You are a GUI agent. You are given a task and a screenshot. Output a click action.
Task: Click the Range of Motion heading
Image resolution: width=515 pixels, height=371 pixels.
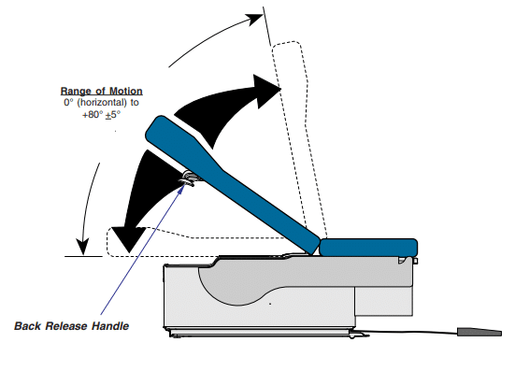click(102, 91)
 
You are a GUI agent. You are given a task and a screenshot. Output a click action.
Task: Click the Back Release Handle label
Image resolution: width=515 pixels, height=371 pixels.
click(72, 326)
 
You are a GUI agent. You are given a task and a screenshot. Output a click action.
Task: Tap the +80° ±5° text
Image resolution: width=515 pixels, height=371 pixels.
click(102, 115)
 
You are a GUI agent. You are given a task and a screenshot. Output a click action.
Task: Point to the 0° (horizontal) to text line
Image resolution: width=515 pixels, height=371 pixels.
click(102, 103)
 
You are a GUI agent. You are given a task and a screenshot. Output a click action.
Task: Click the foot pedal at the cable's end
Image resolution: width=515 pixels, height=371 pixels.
click(479, 332)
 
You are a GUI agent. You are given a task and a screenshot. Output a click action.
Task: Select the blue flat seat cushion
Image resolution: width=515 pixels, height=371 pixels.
click(368, 248)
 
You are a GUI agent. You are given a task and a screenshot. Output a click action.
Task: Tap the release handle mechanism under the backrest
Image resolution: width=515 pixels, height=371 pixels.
click(190, 178)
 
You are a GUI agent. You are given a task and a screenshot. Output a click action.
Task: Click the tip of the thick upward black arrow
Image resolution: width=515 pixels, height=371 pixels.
click(280, 89)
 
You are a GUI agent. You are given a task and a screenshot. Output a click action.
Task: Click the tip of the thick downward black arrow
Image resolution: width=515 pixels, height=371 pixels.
click(129, 252)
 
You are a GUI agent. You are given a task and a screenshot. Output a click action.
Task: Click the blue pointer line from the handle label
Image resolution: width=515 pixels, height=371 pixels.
click(142, 250)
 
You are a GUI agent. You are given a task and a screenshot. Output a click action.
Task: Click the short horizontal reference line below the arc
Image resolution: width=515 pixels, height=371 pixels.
click(83, 256)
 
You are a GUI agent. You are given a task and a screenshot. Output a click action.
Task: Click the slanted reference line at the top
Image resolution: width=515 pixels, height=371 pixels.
click(267, 26)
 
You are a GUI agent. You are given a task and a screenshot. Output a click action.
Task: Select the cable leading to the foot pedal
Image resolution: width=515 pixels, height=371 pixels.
click(410, 333)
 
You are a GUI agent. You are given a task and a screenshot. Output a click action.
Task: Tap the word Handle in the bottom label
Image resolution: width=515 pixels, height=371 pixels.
click(110, 326)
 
